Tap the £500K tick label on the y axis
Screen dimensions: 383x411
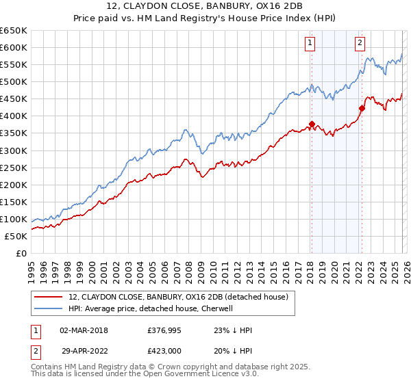click(14, 82)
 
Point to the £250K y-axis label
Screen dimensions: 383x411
click(14, 168)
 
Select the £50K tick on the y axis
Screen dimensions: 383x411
click(17, 236)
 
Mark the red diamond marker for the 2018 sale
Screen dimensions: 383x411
click(312, 124)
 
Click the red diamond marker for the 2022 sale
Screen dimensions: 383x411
click(362, 107)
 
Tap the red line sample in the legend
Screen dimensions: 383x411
click(49, 297)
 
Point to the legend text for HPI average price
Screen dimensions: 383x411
click(151, 308)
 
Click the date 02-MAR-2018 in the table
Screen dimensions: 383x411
click(84, 330)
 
